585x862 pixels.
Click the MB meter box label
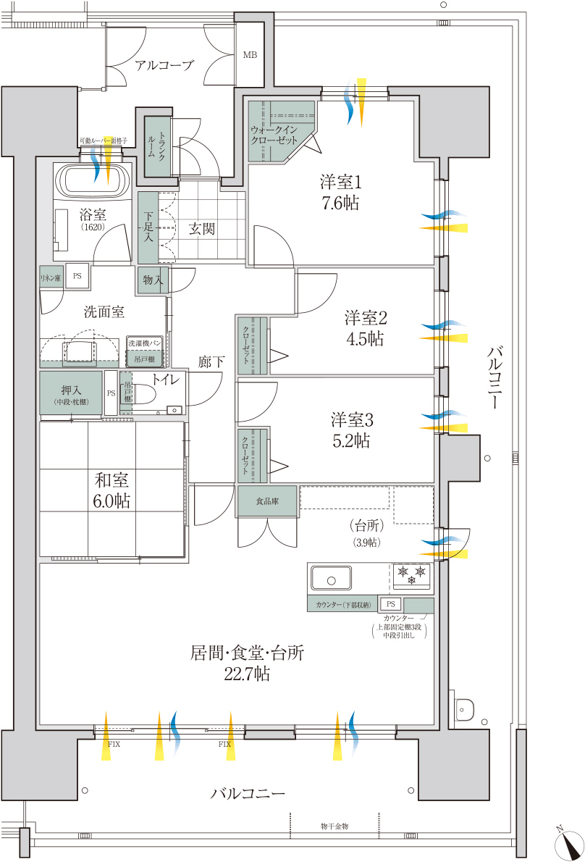pos(250,55)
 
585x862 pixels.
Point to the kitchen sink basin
pos(331,579)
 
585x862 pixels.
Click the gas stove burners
pos(411,576)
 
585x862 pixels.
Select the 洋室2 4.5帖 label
pos(364,327)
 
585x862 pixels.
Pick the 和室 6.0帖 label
pos(112,490)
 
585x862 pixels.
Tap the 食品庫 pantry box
pos(267,501)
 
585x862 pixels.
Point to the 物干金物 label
pos(334,826)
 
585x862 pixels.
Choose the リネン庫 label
pos(51,277)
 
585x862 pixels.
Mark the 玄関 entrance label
pos(202,230)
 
